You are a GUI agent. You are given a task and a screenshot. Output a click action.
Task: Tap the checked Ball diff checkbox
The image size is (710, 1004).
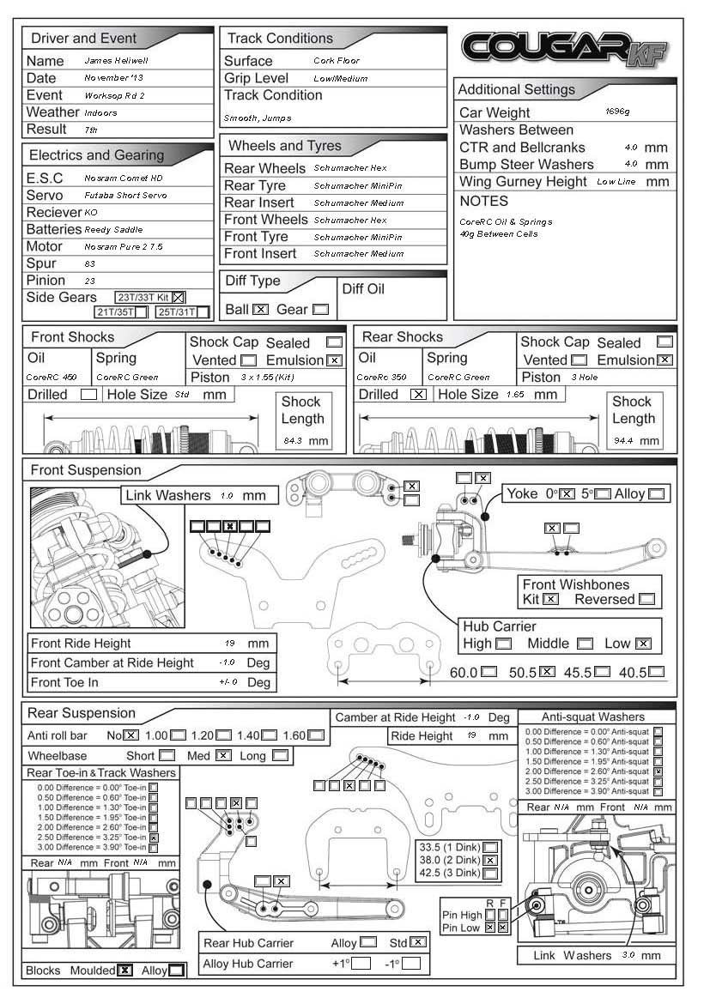(261, 309)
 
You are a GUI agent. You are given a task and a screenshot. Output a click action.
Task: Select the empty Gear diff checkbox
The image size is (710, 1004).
(320, 309)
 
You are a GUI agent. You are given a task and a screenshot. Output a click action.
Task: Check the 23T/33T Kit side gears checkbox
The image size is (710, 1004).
(179, 297)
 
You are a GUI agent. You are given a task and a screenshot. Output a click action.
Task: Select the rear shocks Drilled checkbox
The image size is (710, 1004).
(418, 395)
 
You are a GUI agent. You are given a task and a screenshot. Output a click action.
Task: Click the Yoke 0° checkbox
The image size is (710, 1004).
(567, 494)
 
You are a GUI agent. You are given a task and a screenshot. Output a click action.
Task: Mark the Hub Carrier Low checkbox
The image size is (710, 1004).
(642, 644)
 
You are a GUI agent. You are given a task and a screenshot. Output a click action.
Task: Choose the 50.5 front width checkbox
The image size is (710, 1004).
(546, 672)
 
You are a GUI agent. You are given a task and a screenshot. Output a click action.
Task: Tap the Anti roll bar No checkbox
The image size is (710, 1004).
(130, 735)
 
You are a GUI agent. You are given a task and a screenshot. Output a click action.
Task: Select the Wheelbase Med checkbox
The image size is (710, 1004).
(223, 756)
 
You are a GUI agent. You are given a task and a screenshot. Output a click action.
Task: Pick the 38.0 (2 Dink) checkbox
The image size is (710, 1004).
(489, 860)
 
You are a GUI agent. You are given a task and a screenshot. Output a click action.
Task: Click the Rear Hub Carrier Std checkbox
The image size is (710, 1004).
(418, 942)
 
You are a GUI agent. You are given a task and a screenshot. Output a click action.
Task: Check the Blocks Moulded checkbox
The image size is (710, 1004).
(125, 971)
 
